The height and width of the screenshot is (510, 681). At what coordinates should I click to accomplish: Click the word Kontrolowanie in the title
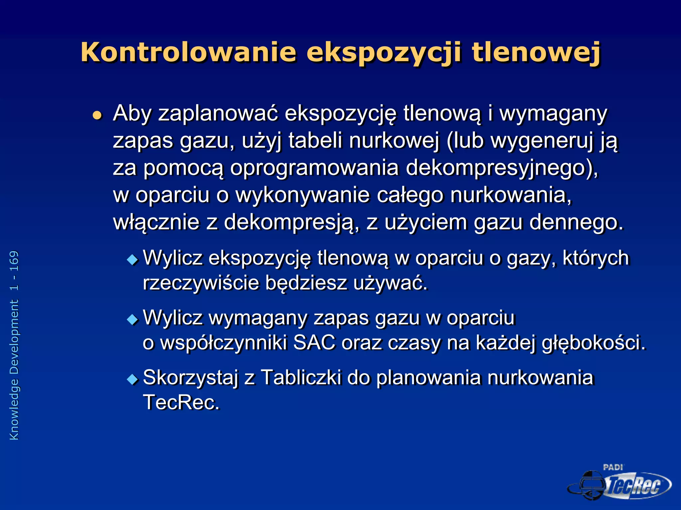click(x=188, y=52)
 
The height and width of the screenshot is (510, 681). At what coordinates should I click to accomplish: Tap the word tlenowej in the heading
click(x=536, y=52)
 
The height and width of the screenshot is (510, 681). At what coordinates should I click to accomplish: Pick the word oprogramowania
click(x=314, y=168)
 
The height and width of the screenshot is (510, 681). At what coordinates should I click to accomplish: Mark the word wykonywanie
click(x=303, y=195)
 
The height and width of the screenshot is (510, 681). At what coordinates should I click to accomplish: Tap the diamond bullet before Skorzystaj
click(x=132, y=379)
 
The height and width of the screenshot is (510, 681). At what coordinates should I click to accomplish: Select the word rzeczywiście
click(x=201, y=283)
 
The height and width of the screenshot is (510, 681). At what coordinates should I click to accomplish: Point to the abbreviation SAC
click(x=314, y=343)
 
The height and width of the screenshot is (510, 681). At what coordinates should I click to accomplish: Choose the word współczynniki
click(x=223, y=343)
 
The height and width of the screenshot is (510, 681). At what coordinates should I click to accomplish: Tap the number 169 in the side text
click(x=14, y=261)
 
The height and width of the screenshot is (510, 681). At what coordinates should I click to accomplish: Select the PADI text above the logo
click(x=613, y=467)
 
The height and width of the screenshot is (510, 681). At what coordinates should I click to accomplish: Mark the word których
click(x=596, y=258)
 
